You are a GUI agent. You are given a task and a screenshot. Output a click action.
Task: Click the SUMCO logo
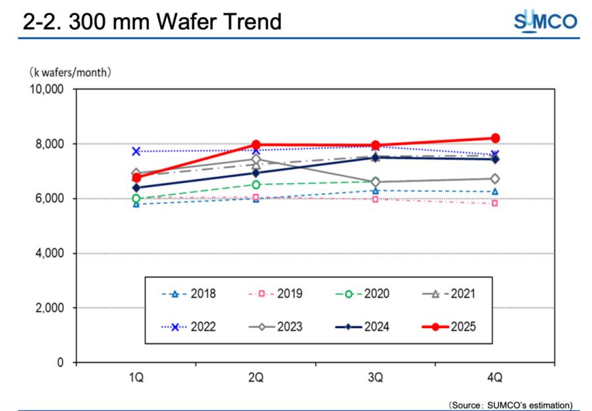(545, 22)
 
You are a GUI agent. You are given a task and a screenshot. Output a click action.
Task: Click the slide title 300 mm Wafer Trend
(152, 22)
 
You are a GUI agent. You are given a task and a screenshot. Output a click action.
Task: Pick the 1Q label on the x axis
(136, 378)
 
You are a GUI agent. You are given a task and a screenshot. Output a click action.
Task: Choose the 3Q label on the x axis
(375, 378)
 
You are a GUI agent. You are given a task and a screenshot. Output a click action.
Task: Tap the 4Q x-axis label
(495, 378)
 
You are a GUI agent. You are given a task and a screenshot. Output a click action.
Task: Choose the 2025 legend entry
(447, 327)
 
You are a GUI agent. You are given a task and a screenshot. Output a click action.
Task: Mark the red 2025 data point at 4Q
(495, 138)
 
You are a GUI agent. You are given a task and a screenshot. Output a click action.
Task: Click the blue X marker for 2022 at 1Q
(136, 151)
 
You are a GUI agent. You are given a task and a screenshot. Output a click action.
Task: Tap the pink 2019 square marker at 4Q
(495, 203)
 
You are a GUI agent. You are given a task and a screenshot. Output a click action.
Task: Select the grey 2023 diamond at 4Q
(495, 178)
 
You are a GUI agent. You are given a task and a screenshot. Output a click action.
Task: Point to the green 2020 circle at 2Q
(256, 184)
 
